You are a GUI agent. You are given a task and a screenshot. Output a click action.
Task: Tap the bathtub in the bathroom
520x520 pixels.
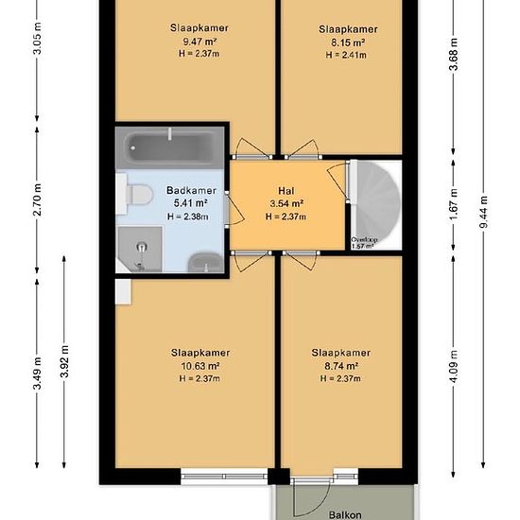pos(169,147)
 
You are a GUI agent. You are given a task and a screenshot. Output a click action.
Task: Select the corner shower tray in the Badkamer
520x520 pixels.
pos(139,250)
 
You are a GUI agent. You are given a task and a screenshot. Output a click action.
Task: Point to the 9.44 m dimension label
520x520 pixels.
pos(484,212)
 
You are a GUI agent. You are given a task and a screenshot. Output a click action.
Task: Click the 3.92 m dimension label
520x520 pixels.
pos(64,361)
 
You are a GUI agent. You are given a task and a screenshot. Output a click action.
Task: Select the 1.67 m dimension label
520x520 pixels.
pos(453,204)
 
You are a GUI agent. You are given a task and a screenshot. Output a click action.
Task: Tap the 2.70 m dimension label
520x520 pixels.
pos(37,199)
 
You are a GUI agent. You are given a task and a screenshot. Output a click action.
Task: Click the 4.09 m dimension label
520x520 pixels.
pos(454,366)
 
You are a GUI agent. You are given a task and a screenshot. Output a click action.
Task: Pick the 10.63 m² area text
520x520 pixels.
pos(200,366)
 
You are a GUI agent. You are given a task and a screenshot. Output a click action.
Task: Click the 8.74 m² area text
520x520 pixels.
pos(341,366)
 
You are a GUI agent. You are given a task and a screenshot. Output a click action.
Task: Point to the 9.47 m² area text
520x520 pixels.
pos(199,42)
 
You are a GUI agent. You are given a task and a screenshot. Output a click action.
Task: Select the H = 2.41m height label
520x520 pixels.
pos(346,55)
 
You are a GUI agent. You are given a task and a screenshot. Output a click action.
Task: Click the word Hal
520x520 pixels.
pos(286,191)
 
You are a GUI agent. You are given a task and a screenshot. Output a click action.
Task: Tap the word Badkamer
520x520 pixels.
pos(191,190)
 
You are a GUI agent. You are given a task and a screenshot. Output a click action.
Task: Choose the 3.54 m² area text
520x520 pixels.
pos(286,203)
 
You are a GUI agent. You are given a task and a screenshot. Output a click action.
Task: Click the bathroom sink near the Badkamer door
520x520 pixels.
pos(205,262)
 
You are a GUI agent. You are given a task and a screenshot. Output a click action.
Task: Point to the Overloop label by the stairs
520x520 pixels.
pos(364,239)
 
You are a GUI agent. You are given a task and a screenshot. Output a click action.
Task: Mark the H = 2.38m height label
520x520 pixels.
pos(188,217)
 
